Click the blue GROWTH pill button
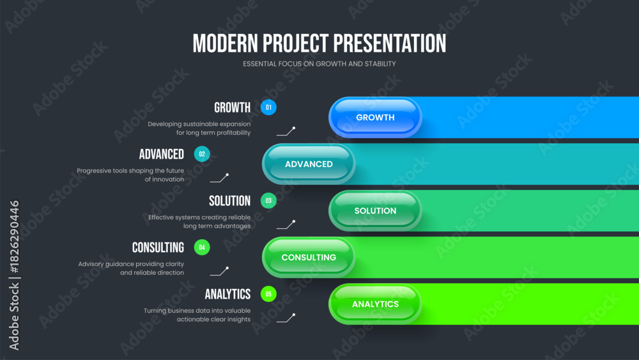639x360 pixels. click(375, 118)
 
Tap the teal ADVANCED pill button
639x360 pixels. click(309, 164)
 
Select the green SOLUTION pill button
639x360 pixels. click(375, 211)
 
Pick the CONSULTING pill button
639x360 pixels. click(309, 257)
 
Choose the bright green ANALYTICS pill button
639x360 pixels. click(375, 304)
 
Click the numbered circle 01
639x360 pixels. click(268, 107)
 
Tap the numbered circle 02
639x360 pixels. click(202, 154)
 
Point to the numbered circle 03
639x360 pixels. click(268, 201)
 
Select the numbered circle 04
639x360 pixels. click(202, 247)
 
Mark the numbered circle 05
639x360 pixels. click(268, 294)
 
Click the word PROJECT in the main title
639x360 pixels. click(295, 43)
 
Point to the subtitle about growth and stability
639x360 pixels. click(319, 64)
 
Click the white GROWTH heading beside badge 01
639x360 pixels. click(233, 107)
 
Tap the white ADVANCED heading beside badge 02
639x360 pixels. click(162, 155)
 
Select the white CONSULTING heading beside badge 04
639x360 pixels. click(158, 248)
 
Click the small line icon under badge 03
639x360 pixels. click(286, 224)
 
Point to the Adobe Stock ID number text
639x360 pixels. click(14, 237)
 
